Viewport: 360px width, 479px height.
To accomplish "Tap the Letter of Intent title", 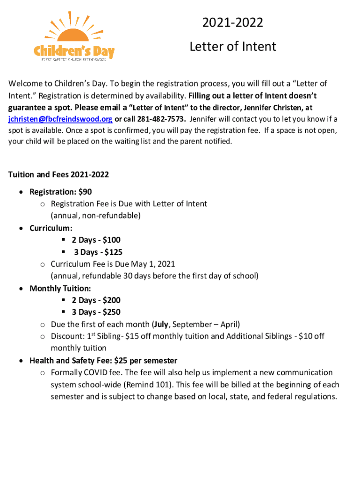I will pyautogui.click(x=232, y=46).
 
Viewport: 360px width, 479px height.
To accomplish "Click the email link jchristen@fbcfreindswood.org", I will pyautogui.click(x=60, y=119).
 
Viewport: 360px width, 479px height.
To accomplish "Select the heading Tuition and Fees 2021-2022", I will pyautogui.click(x=58, y=174).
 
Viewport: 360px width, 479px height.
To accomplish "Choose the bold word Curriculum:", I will pyautogui.click(x=51, y=228).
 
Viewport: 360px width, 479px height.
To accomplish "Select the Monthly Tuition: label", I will pyautogui.click(x=60, y=288).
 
